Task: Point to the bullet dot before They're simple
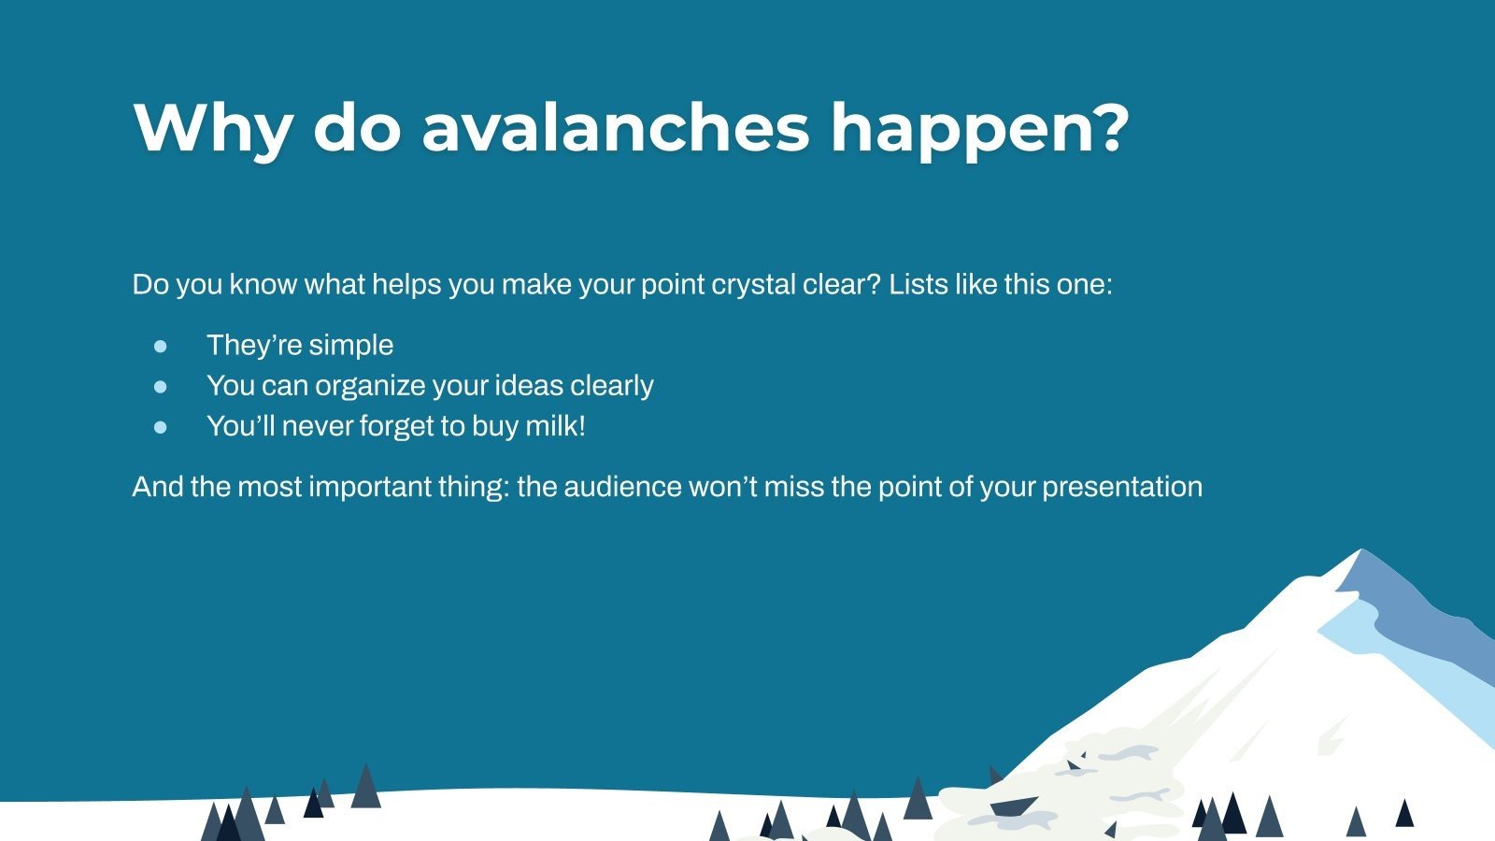pyautogui.click(x=161, y=346)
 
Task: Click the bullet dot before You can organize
pyautogui.click(x=161, y=386)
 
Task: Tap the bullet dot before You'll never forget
pyautogui.click(x=161, y=427)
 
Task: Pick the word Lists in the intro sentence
pyautogui.click(x=918, y=284)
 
